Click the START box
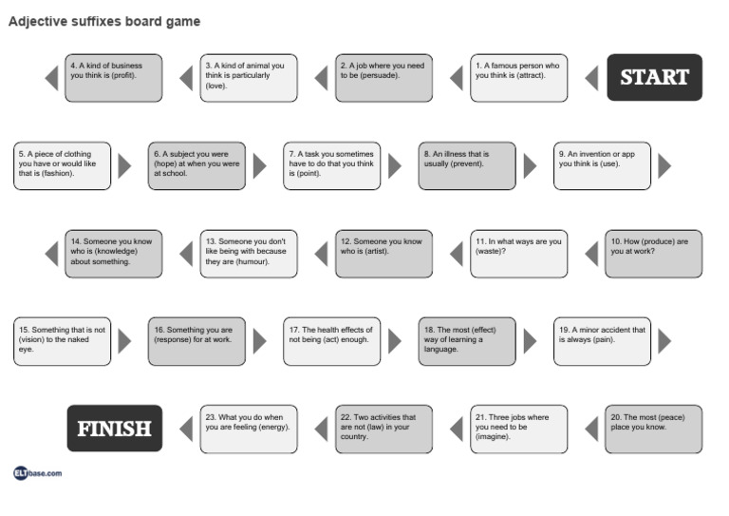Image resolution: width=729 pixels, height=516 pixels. [x=654, y=77]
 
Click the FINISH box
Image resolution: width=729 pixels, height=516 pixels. [x=114, y=429]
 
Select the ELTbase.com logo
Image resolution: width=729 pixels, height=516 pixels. [x=37, y=472]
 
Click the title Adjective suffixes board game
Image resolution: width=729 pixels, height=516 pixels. [x=104, y=21]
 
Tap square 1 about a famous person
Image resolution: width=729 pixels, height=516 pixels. [x=519, y=77]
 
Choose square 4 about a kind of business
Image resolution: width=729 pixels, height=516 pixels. [x=114, y=77]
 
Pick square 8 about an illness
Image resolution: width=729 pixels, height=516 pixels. [x=467, y=166]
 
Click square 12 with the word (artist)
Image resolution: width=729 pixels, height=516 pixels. [x=383, y=254]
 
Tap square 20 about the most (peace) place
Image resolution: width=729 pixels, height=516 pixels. [x=653, y=429]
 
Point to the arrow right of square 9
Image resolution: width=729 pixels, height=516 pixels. [x=664, y=166]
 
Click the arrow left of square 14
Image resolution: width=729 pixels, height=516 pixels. [x=52, y=254]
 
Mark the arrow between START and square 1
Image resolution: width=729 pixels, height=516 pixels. [x=591, y=77]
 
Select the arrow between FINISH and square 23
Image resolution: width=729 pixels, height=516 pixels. [x=187, y=429]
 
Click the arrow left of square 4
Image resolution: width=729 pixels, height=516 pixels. [x=52, y=77]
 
